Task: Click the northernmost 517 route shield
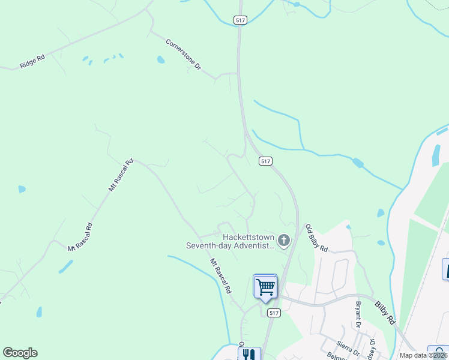[241, 20]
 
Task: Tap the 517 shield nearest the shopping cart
[274, 313]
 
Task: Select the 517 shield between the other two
[267, 161]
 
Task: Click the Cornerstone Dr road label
[183, 55]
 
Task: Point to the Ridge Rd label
[32, 62]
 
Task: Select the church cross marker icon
[284, 241]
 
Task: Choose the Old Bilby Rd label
[316, 238]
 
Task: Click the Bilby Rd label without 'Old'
[385, 312]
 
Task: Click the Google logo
[20, 353]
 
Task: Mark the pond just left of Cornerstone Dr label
[160, 60]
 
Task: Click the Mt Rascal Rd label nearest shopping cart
[220, 275]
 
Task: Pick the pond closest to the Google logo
[39, 312]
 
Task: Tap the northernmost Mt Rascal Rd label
[121, 175]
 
